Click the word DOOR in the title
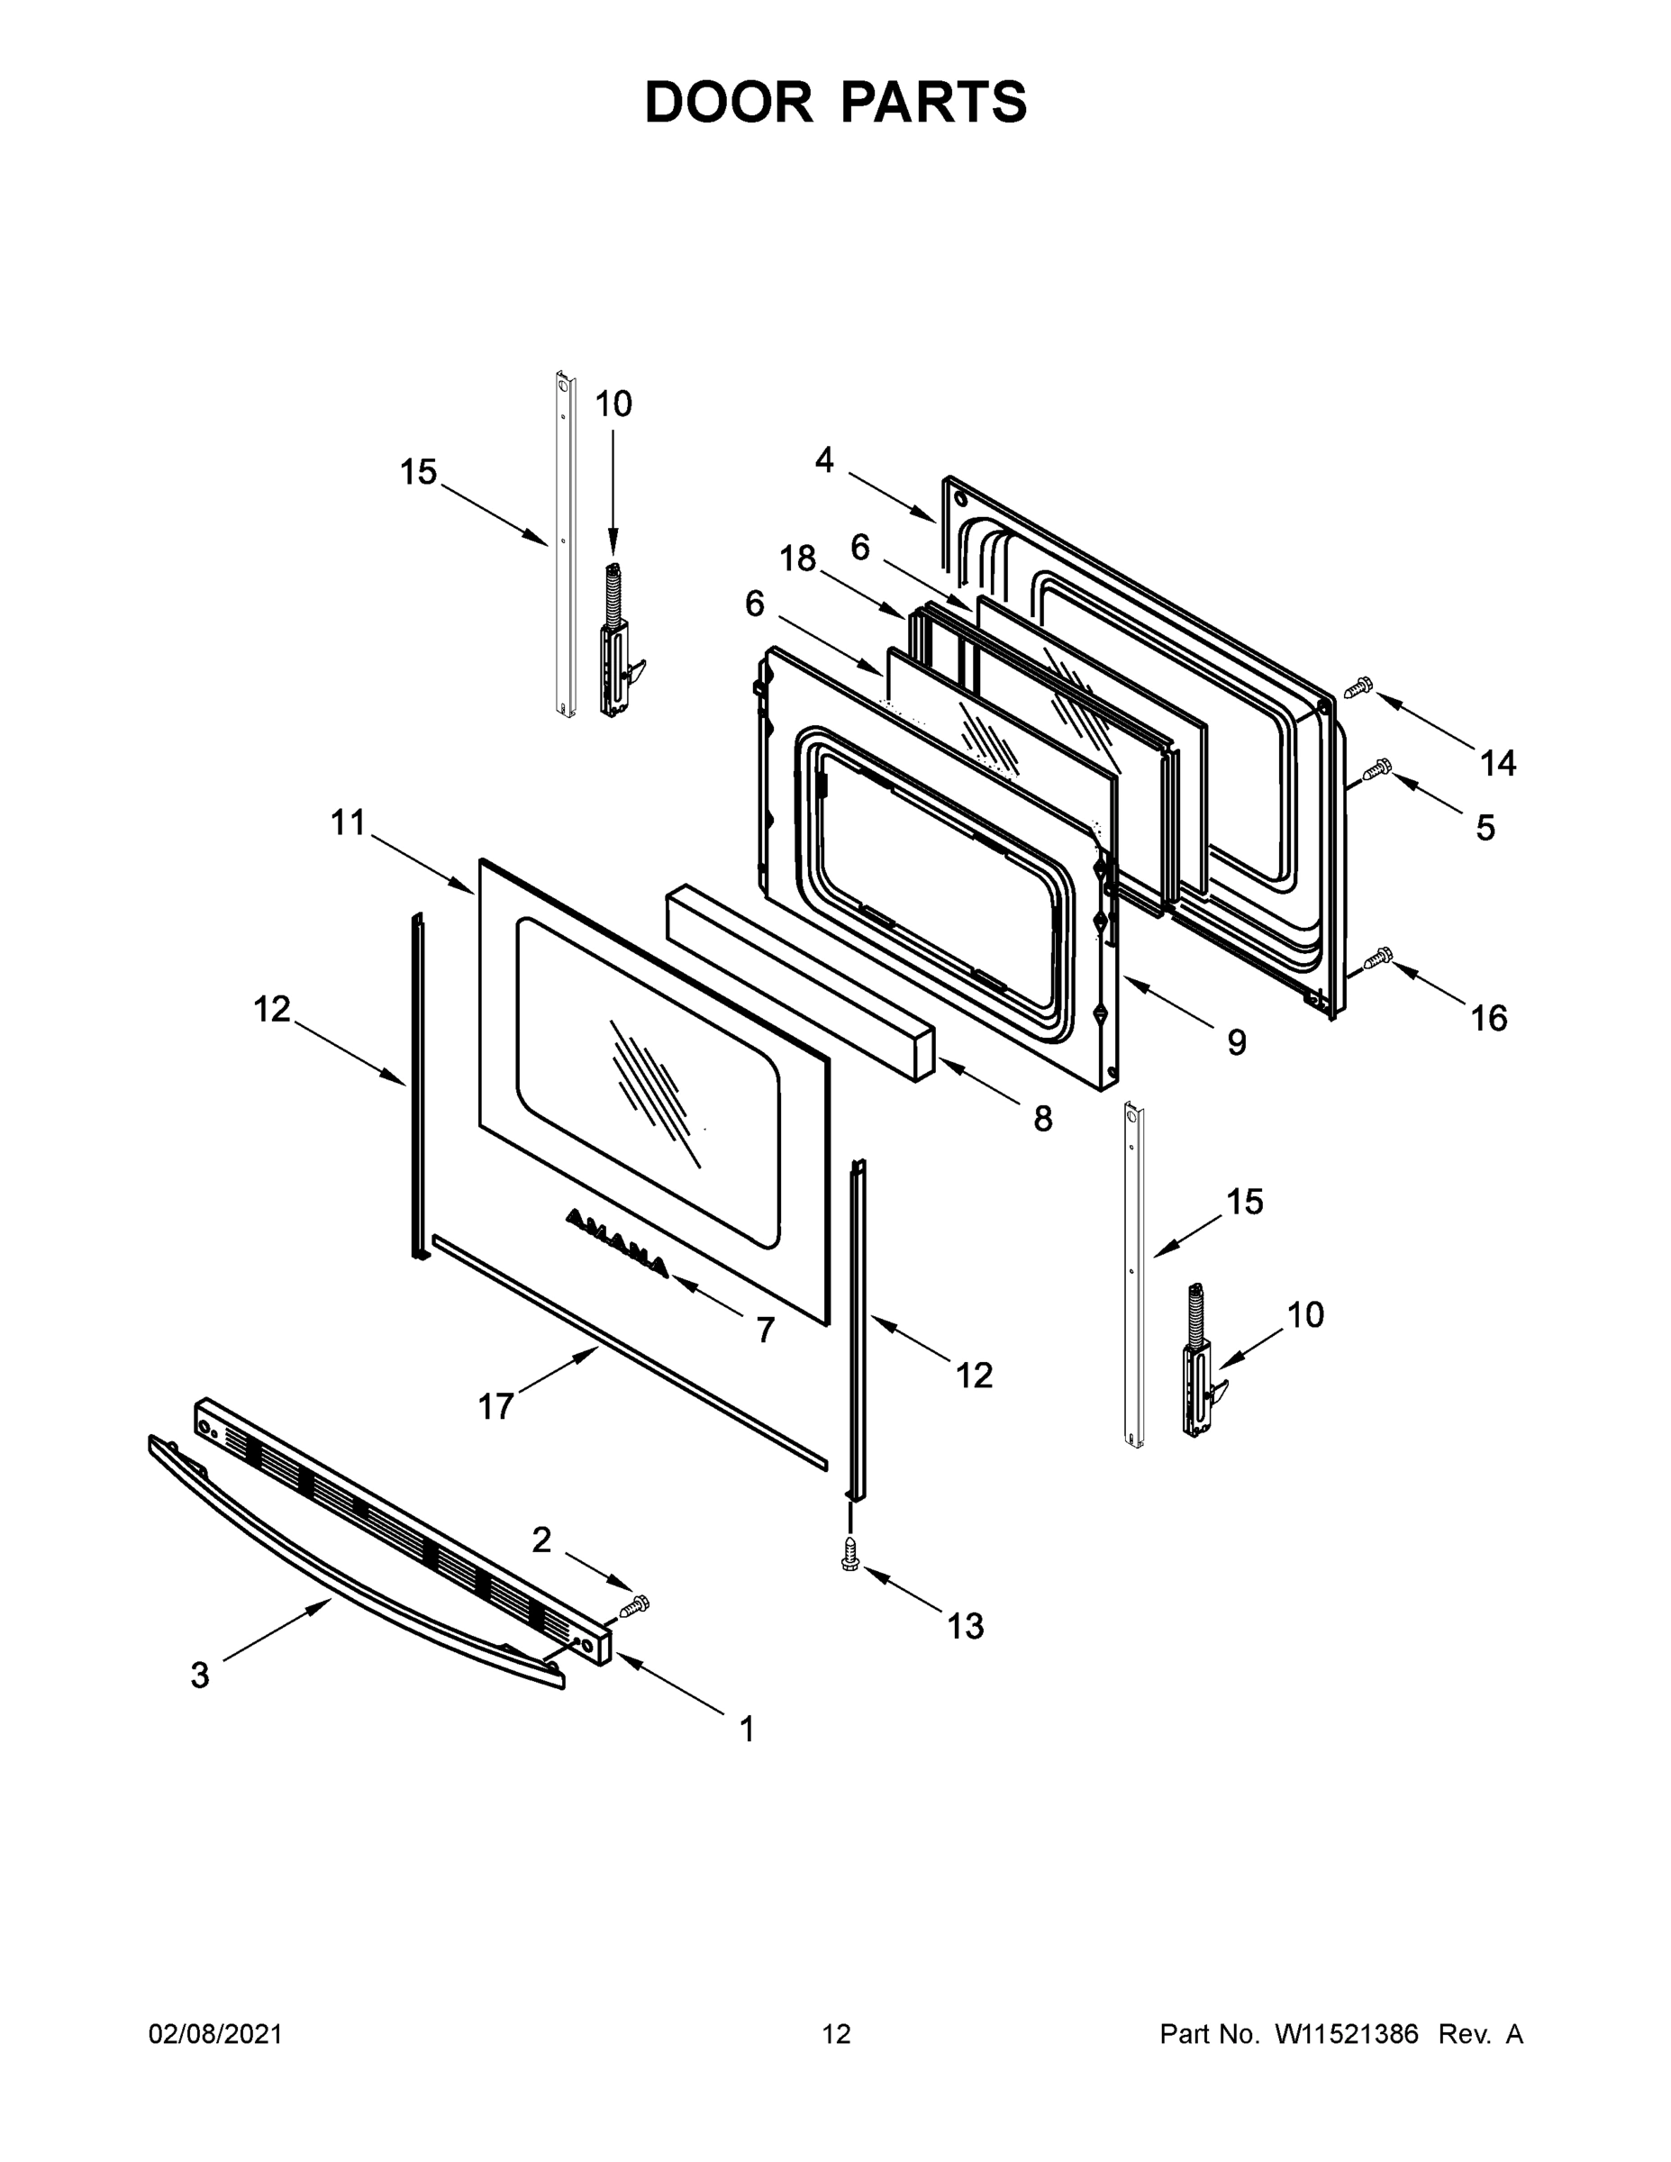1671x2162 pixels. [728, 102]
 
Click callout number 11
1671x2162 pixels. [348, 822]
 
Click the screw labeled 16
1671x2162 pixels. [1377, 958]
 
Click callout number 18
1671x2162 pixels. [797, 559]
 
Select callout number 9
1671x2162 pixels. [1237, 1041]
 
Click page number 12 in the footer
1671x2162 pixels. [836, 2034]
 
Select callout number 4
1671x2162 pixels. [823, 459]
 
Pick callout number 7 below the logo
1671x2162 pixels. [764, 1331]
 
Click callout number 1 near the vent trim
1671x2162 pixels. [748, 1730]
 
